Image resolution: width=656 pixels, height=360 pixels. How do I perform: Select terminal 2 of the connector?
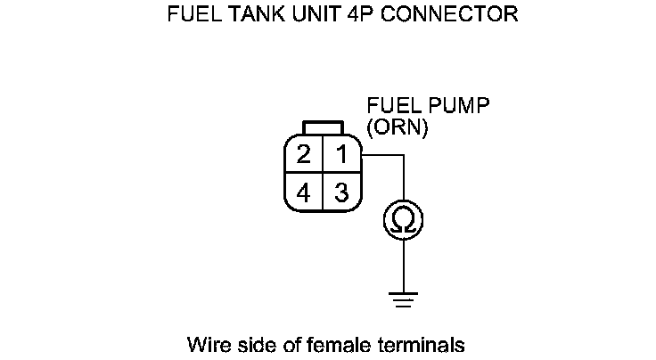coord(304,154)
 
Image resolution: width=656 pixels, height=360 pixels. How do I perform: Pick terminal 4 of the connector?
coord(304,192)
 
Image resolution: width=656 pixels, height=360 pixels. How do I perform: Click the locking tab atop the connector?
coord(322,127)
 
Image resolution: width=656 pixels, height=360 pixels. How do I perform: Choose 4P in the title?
coord(346,15)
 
